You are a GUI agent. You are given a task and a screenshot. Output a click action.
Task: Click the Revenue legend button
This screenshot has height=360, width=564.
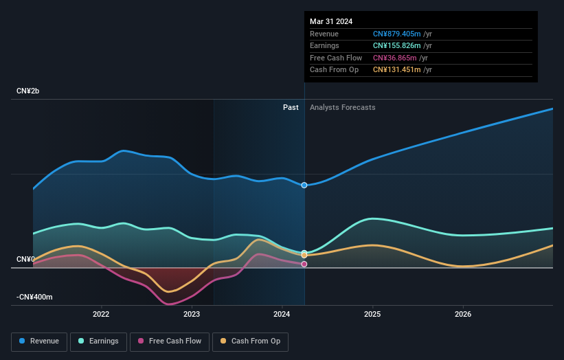(x=40, y=341)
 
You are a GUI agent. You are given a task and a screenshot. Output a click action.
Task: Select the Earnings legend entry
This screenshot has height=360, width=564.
(x=98, y=341)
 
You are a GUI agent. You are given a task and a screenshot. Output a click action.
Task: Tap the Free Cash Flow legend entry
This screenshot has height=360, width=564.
(x=170, y=341)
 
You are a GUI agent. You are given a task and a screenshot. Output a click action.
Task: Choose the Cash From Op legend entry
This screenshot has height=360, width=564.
(x=251, y=341)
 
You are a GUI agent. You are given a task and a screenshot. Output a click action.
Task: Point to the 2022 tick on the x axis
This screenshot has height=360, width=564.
(x=101, y=315)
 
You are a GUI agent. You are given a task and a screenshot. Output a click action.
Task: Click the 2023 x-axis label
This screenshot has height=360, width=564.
(x=192, y=315)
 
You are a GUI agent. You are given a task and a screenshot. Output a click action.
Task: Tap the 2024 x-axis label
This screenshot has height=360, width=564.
(x=282, y=315)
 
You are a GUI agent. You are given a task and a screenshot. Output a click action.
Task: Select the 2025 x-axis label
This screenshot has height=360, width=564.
(x=372, y=315)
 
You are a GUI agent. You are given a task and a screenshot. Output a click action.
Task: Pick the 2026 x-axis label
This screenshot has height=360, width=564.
(x=463, y=315)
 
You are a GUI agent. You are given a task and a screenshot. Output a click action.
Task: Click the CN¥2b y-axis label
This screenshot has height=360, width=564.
(x=28, y=91)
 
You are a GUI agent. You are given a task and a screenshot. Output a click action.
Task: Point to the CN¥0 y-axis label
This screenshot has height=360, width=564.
(x=25, y=259)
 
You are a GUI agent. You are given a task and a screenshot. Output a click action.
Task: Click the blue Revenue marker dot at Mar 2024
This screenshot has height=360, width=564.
(x=304, y=185)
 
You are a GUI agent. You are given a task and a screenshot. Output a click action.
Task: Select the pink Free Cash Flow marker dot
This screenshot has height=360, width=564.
(x=304, y=264)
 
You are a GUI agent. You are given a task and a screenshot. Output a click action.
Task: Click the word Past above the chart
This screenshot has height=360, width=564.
(x=291, y=107)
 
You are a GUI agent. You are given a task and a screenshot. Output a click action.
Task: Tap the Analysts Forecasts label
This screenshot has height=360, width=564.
(x=343, y=107)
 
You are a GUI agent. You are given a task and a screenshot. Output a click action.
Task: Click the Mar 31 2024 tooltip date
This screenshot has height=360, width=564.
(x=331, y=21)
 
